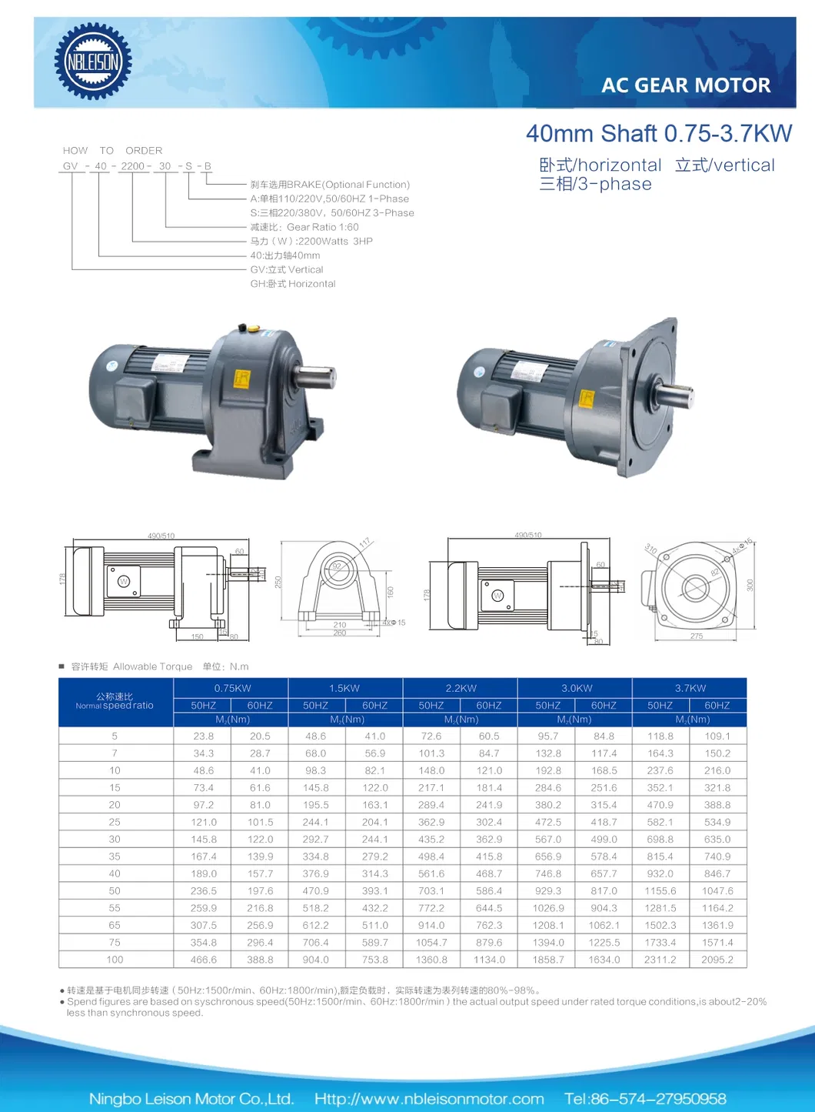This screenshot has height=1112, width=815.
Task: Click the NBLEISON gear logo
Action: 93,62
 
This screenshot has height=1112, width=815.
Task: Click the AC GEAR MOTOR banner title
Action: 685,85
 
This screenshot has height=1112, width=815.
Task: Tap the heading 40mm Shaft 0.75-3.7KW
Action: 658,134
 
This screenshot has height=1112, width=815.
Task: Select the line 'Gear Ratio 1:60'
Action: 304,227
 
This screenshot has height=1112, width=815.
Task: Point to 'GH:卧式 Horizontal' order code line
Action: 293,284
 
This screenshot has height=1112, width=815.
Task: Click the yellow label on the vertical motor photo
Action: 587,398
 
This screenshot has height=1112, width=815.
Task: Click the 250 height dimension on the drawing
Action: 278,583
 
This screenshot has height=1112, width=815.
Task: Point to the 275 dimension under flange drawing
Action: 697,636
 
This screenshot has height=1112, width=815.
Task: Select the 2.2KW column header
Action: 461,688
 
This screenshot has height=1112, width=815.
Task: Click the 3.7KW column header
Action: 690,688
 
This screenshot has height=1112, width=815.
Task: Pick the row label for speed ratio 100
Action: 115,960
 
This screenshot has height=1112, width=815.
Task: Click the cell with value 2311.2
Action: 660,960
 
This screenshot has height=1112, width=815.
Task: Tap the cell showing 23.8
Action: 204,736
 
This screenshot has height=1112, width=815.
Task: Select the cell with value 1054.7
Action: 431,943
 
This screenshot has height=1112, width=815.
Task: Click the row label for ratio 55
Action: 115,908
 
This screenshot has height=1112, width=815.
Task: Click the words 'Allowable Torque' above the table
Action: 152,666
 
